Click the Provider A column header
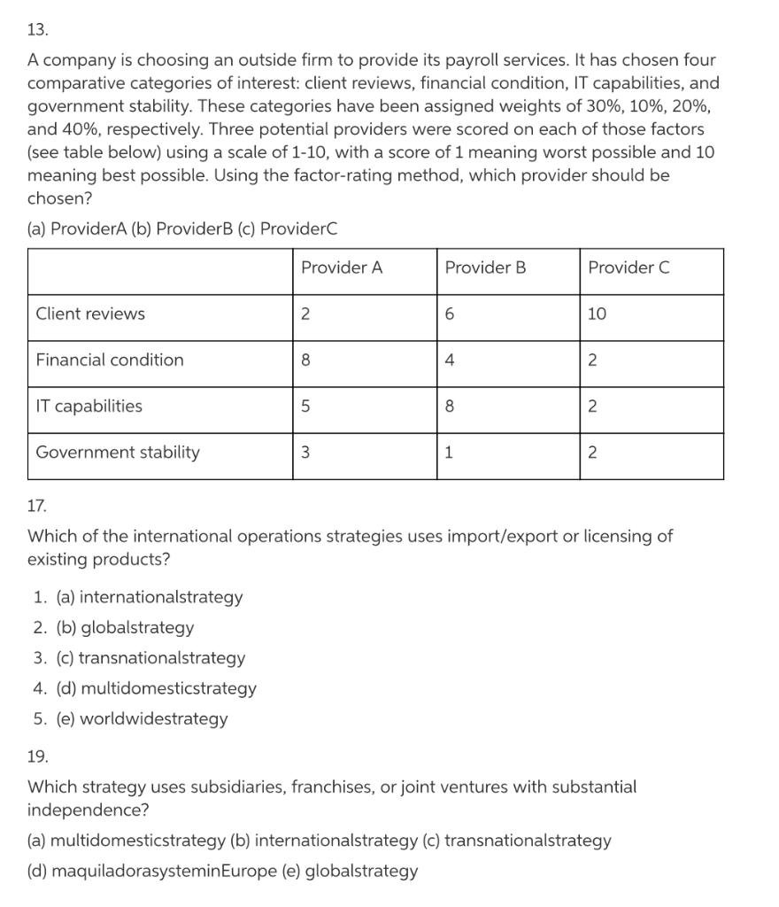342,267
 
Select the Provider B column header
485,267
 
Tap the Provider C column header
629,267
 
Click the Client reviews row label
90,314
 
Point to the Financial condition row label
110,360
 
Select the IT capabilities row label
89,406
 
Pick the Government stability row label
118,452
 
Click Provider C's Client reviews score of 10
598,314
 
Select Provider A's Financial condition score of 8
305,360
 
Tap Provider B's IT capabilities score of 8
450,406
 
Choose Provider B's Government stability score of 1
449,452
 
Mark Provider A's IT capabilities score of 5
305,406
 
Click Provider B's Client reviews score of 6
450,314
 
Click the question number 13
37,29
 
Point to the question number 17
37,507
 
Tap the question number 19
37,756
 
